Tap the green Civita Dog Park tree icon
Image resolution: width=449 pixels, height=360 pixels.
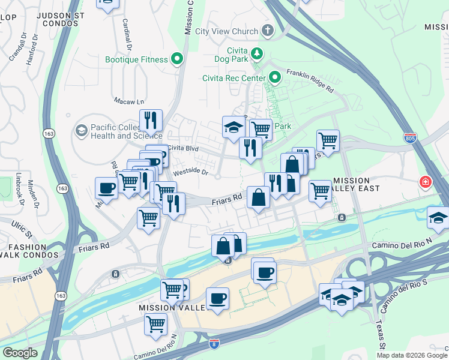click(x=257, y=54)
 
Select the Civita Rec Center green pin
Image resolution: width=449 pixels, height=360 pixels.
click(x=275, y=77)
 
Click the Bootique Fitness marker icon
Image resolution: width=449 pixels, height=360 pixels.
click(x=177, y=59)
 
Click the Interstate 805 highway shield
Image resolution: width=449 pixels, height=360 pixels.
click(x=410, y=138)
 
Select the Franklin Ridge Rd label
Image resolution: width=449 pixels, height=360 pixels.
click(x=310, y=80)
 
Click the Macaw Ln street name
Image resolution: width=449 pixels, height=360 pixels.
click(x=129, y=101)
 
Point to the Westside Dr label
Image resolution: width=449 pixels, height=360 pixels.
click(x=190, y=172)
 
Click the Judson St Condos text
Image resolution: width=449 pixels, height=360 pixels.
click(x=49, y=19)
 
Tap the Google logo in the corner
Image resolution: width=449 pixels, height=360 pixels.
click(x=20, y=353)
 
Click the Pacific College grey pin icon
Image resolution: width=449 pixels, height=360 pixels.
click(x=81, y=130)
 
